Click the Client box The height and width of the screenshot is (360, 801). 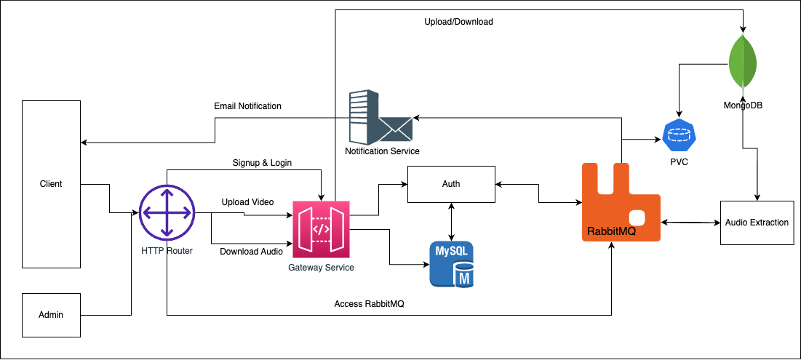coord(51,185)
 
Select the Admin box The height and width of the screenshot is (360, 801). coord(51,315)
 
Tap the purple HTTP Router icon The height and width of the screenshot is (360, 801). coord(167,213)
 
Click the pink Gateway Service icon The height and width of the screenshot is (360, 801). coord(321,228)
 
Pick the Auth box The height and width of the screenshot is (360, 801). coord(451,185)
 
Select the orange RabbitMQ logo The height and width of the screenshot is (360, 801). coord(621,203)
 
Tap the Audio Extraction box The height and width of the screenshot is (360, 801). coord(757,222)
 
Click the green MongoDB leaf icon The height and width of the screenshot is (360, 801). coord(743,62)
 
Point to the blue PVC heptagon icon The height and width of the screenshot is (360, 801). coord(680,136)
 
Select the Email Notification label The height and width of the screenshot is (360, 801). coord(247,106)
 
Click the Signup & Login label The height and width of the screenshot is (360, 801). coord(262,163)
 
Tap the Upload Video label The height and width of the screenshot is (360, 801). coord(247,201)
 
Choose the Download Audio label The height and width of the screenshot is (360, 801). coord(251,252)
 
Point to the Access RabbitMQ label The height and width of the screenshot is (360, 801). coord(369,304)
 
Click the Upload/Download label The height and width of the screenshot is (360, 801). coord(458,22)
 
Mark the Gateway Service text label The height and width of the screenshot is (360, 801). coord(321,268)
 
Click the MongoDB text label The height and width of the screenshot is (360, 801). coord(742,105)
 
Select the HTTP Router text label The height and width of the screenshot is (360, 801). coord(167,251)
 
